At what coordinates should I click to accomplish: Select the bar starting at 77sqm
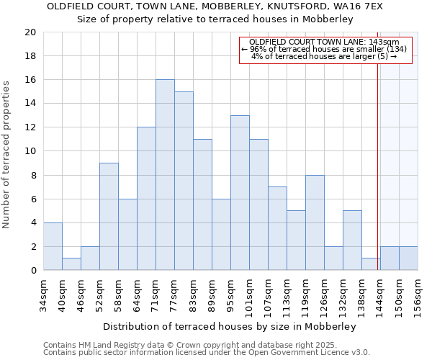tap(184, 181)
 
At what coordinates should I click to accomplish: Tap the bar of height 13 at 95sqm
tap(240, 193)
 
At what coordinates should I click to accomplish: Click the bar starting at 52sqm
tap(109, 217)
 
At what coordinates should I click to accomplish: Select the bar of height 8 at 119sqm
tap(315, 222)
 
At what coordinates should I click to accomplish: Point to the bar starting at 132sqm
tap(352, 240)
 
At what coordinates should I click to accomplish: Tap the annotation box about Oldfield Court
tap(325, 50)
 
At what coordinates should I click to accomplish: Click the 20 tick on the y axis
tap(30, 32)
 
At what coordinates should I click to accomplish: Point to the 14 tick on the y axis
tap(30, 104)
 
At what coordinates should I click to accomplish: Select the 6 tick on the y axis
tap(33, 199)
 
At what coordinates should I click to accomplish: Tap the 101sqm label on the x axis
tap(249, 296)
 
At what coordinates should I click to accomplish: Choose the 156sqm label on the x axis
tap(418, 296)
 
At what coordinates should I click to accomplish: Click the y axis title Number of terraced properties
tap(7, 155)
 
